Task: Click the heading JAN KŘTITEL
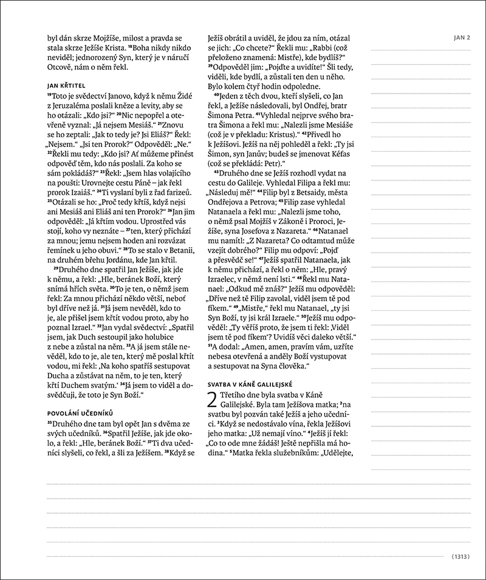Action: pos(67,85)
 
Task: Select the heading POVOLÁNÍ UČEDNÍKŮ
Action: pos(79,411)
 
